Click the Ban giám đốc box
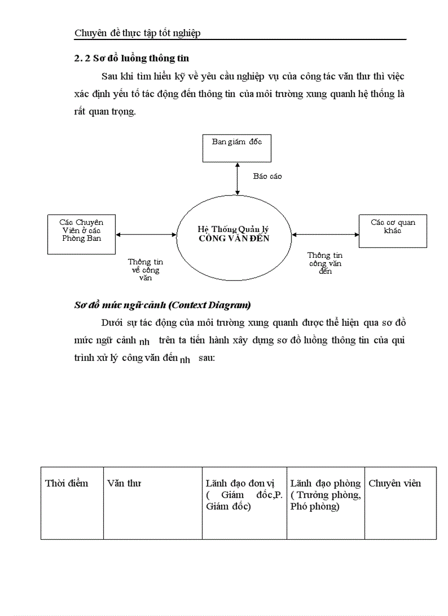point(237,148)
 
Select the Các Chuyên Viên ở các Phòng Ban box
point(81,234)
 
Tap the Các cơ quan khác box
point(393,231)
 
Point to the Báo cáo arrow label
point(267,176)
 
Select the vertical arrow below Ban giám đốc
point(237,179)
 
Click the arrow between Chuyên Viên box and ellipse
point(147,235)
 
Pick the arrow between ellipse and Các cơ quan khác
point(326,235)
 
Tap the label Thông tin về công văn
point(145,269)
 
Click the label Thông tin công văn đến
point(325,263)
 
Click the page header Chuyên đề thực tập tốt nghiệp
point(137,33)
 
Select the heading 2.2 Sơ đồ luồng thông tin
point(132,58)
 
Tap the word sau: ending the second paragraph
point(206,358)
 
